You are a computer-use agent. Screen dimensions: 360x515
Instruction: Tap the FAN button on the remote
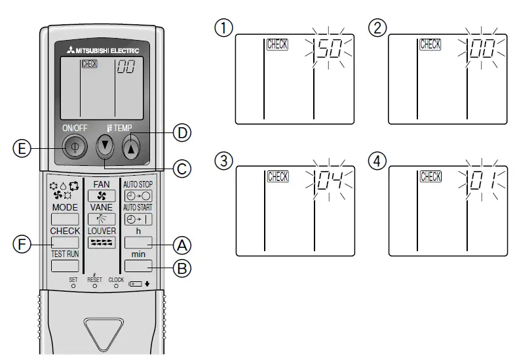[101, 195]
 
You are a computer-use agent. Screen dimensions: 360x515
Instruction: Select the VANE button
[101, 219]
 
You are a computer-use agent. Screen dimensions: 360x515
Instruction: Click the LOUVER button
[101, 243]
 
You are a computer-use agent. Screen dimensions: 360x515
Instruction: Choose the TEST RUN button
[64, 266]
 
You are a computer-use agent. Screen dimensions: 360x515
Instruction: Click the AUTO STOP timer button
[138, 195]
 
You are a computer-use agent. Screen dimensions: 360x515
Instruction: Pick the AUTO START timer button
[138, 219]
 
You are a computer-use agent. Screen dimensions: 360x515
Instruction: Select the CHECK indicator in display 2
[430, 45]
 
